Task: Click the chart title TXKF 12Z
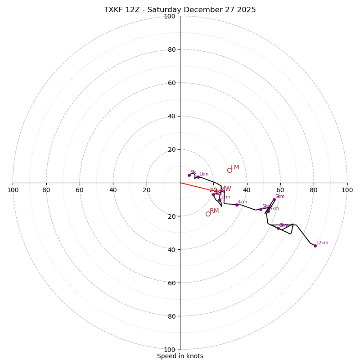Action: (180, 10)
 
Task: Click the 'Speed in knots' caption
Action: (180, 356)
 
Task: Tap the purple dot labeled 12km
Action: (315, 246)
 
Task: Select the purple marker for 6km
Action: (274, 199)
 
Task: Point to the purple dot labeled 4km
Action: (237, 205)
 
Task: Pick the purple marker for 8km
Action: (278, 228)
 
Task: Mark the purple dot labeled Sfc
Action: (189, 175)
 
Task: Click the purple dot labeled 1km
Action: (198, 177)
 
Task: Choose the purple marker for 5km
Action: (261, 209)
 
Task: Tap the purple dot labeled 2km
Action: (220, 200)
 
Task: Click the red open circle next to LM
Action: (229, 170)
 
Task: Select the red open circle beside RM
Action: (208, 214)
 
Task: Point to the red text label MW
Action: (225, 189)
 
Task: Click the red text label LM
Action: (235, 167)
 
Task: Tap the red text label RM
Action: (214, 211)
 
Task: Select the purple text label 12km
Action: (322, 243)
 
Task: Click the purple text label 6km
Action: (280, 197)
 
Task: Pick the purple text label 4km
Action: (243, 202)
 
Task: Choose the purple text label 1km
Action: (204, 174)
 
